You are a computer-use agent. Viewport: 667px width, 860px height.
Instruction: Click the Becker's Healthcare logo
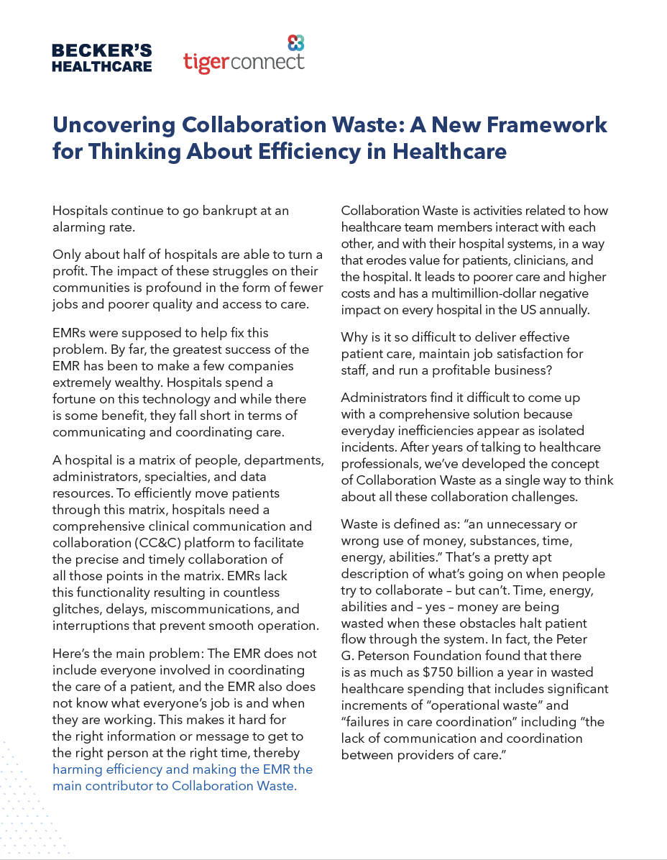[x=102, y=58]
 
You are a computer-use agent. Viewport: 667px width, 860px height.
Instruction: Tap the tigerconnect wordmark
[x=244, y=62]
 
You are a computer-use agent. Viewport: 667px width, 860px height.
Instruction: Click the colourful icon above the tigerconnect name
[x=295, y=42]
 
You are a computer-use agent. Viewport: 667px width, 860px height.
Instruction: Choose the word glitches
[x=75, y=608]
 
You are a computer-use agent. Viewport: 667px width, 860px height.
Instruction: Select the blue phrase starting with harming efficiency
[x=183, y=777]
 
